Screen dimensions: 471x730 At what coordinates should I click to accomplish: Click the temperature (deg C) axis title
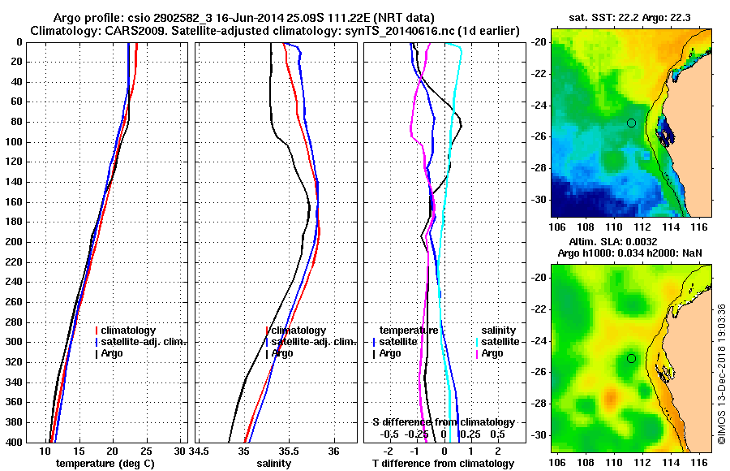[105, 464]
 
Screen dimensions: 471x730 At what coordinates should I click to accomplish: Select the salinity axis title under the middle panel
[273, 464]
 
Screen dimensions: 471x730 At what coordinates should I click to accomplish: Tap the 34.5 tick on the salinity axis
[200, 450]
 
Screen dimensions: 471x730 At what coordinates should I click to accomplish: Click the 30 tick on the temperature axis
[180, 450]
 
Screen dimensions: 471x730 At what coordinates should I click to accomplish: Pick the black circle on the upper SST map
[631, 123]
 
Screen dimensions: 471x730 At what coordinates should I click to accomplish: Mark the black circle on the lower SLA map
[631, 358]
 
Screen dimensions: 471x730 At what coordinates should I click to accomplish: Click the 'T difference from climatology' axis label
[443, 464]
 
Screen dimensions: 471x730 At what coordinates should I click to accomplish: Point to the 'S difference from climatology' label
[443, 422]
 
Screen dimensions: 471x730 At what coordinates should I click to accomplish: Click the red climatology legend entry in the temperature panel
[127, 331]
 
